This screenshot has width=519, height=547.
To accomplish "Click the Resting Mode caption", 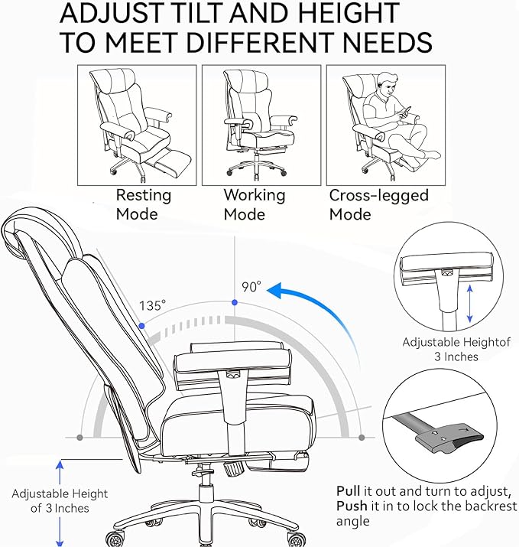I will pos(143,204).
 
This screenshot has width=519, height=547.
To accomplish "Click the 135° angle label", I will pos(152,305).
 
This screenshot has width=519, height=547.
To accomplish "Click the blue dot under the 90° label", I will pos(234,304).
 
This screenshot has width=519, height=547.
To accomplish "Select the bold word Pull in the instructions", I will pos(349,490).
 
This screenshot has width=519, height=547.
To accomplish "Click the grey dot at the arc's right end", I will pos(362,438).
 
